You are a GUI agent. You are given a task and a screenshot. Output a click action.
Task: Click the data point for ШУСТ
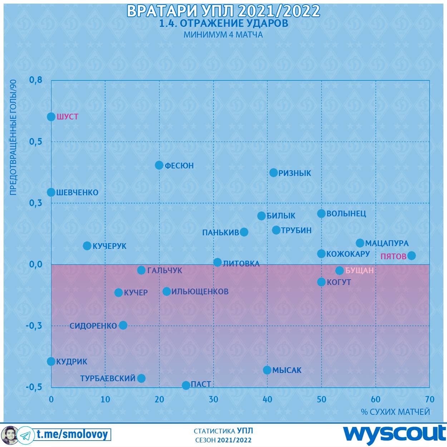click(51, 117)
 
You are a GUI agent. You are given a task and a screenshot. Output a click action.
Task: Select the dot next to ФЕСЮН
click(159, 165)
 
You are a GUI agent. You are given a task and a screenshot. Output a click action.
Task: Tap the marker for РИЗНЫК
click(274, 173)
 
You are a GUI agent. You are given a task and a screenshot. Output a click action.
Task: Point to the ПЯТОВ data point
click(412, 255)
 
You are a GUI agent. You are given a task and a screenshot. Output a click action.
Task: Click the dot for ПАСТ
click(186, 385)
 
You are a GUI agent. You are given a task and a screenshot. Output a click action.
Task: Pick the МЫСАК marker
click(267, 370)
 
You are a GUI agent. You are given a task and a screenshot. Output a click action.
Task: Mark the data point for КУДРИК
click(51, 361)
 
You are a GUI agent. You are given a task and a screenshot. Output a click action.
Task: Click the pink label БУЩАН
click(359, 271)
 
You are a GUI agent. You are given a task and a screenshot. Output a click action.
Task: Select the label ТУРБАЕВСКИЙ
click(108, 378)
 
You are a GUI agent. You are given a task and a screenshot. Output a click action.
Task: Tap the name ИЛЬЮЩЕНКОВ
click(200, 291)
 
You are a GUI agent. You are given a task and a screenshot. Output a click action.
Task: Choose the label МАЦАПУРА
click(387, 244)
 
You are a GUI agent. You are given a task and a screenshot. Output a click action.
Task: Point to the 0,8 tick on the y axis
click(36, 80)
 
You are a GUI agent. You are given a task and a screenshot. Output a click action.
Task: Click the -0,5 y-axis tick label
click(34, 387)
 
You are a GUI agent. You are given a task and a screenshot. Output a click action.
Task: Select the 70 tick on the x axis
click(429, 399)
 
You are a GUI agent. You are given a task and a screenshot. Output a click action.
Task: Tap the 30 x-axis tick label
click(213, 399)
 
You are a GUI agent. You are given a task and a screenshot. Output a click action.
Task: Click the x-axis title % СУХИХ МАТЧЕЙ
click(395, 412)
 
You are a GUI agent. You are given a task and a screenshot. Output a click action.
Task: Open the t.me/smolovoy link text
click(72, 434)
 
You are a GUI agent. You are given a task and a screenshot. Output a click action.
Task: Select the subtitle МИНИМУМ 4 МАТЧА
click(223, 35)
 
